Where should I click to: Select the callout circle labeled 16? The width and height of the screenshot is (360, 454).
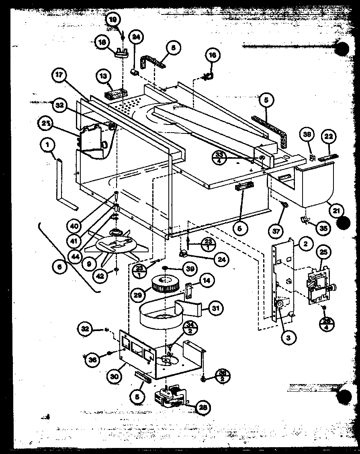(x=213, y=56)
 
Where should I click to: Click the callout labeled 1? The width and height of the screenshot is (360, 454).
(x=48, y=147)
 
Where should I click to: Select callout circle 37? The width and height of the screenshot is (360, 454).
(x=276, y=231)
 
